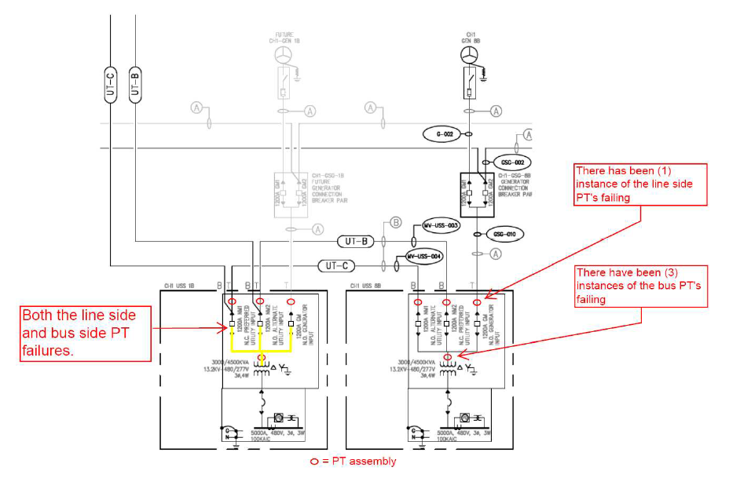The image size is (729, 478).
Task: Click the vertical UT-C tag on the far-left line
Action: pyautogui.click(x=110, y=85)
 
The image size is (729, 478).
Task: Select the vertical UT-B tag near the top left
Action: pyautogui.click(x=135, y=85)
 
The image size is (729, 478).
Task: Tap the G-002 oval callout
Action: pyautogui.click(x=445, y=135)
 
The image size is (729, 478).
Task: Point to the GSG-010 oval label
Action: pyautogui.click(x=504, y=234)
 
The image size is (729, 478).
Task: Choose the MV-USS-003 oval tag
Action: pyautogui.click(x=441, y=225)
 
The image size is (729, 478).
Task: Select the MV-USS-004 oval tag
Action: pyautogui.click(x=425, y=256)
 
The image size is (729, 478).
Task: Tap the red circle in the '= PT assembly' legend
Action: pyautogui.click(x=314, y=462)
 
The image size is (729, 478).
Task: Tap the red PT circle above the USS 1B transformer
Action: pyautogui.click(x=262, y=358)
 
